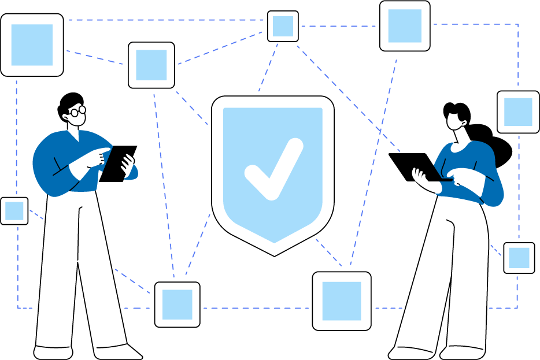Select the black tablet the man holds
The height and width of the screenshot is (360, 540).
119,163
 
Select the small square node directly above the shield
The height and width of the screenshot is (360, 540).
283,26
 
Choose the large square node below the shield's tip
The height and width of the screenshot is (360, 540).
341,300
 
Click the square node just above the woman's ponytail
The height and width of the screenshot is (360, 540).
517,112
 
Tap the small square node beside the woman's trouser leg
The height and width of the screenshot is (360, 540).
519,258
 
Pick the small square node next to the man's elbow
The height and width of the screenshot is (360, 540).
14,211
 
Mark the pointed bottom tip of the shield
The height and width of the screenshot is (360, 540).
274,254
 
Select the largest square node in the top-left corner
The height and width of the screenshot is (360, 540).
32,44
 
